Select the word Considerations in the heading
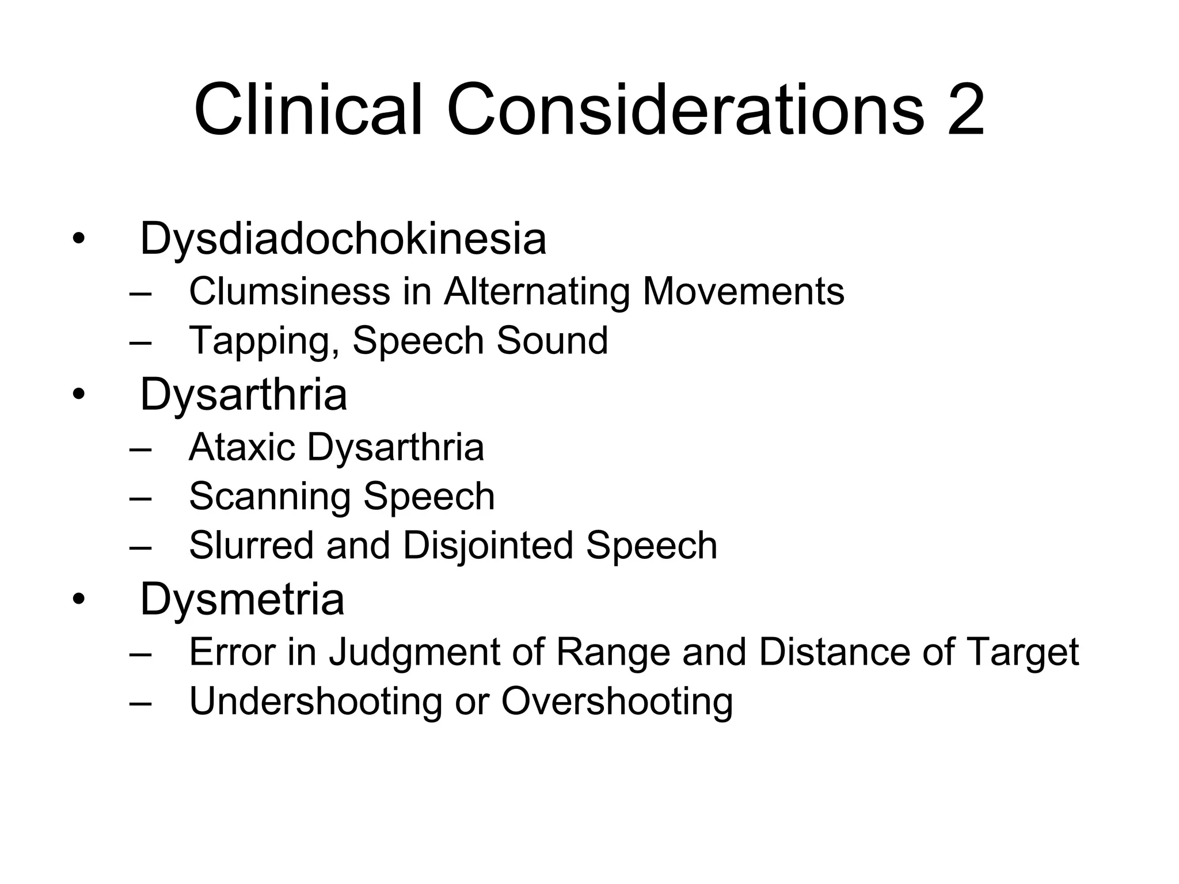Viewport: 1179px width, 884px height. (x=685, y=109)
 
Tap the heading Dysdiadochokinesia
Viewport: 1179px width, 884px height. (x=343, y=239)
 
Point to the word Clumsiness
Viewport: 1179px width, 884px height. (x=290, y=291)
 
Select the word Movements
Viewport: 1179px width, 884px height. (x=743, y=291)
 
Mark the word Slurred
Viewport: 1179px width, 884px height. (x=251, y=545)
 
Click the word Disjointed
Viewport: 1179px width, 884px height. (x=488, y=545)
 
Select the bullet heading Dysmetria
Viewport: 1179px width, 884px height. (x=242, y=600)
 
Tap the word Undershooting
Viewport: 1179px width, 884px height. (x=315, y=702)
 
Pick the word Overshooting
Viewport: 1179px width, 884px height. (x=617, y=702)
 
